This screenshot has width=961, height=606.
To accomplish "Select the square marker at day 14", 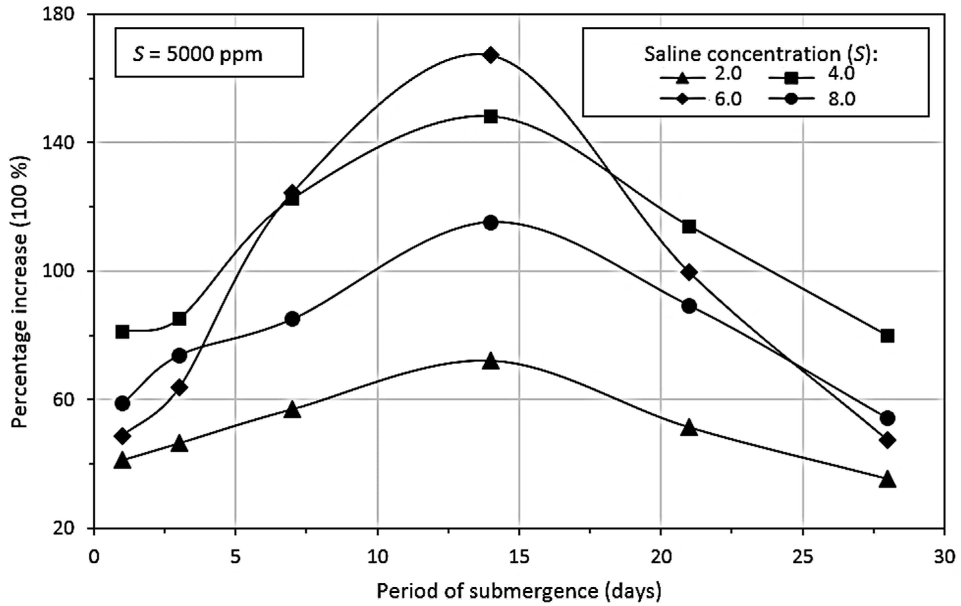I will (490, 117).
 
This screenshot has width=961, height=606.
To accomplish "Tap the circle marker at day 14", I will (490, 222).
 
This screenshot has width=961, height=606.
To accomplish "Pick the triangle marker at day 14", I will (490, 362).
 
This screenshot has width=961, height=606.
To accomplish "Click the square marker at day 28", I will (887, 336).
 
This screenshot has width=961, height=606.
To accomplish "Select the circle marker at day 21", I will (689, 307).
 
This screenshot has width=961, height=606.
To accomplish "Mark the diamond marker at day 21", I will (689, 272).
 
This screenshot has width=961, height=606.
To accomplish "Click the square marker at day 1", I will (123, 332).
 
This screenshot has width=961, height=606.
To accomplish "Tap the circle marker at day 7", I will (292, 319).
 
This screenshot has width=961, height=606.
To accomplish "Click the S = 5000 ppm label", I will (198, 54).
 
